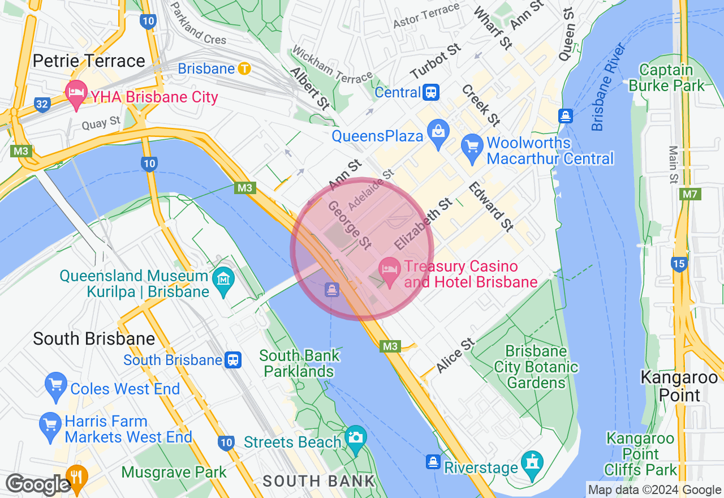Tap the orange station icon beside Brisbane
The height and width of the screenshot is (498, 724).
244,69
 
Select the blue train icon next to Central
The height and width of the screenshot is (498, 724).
431,92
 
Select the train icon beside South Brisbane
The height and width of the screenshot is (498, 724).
232,360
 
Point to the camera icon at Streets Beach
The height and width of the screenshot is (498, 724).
356,438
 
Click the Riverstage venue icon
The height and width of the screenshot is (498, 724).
532,463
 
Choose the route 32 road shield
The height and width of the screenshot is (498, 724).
41,104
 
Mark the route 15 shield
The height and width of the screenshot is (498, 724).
679,263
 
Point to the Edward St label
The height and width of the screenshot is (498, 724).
491,207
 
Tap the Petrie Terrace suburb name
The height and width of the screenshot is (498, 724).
89,61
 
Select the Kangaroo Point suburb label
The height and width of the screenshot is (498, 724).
679,385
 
